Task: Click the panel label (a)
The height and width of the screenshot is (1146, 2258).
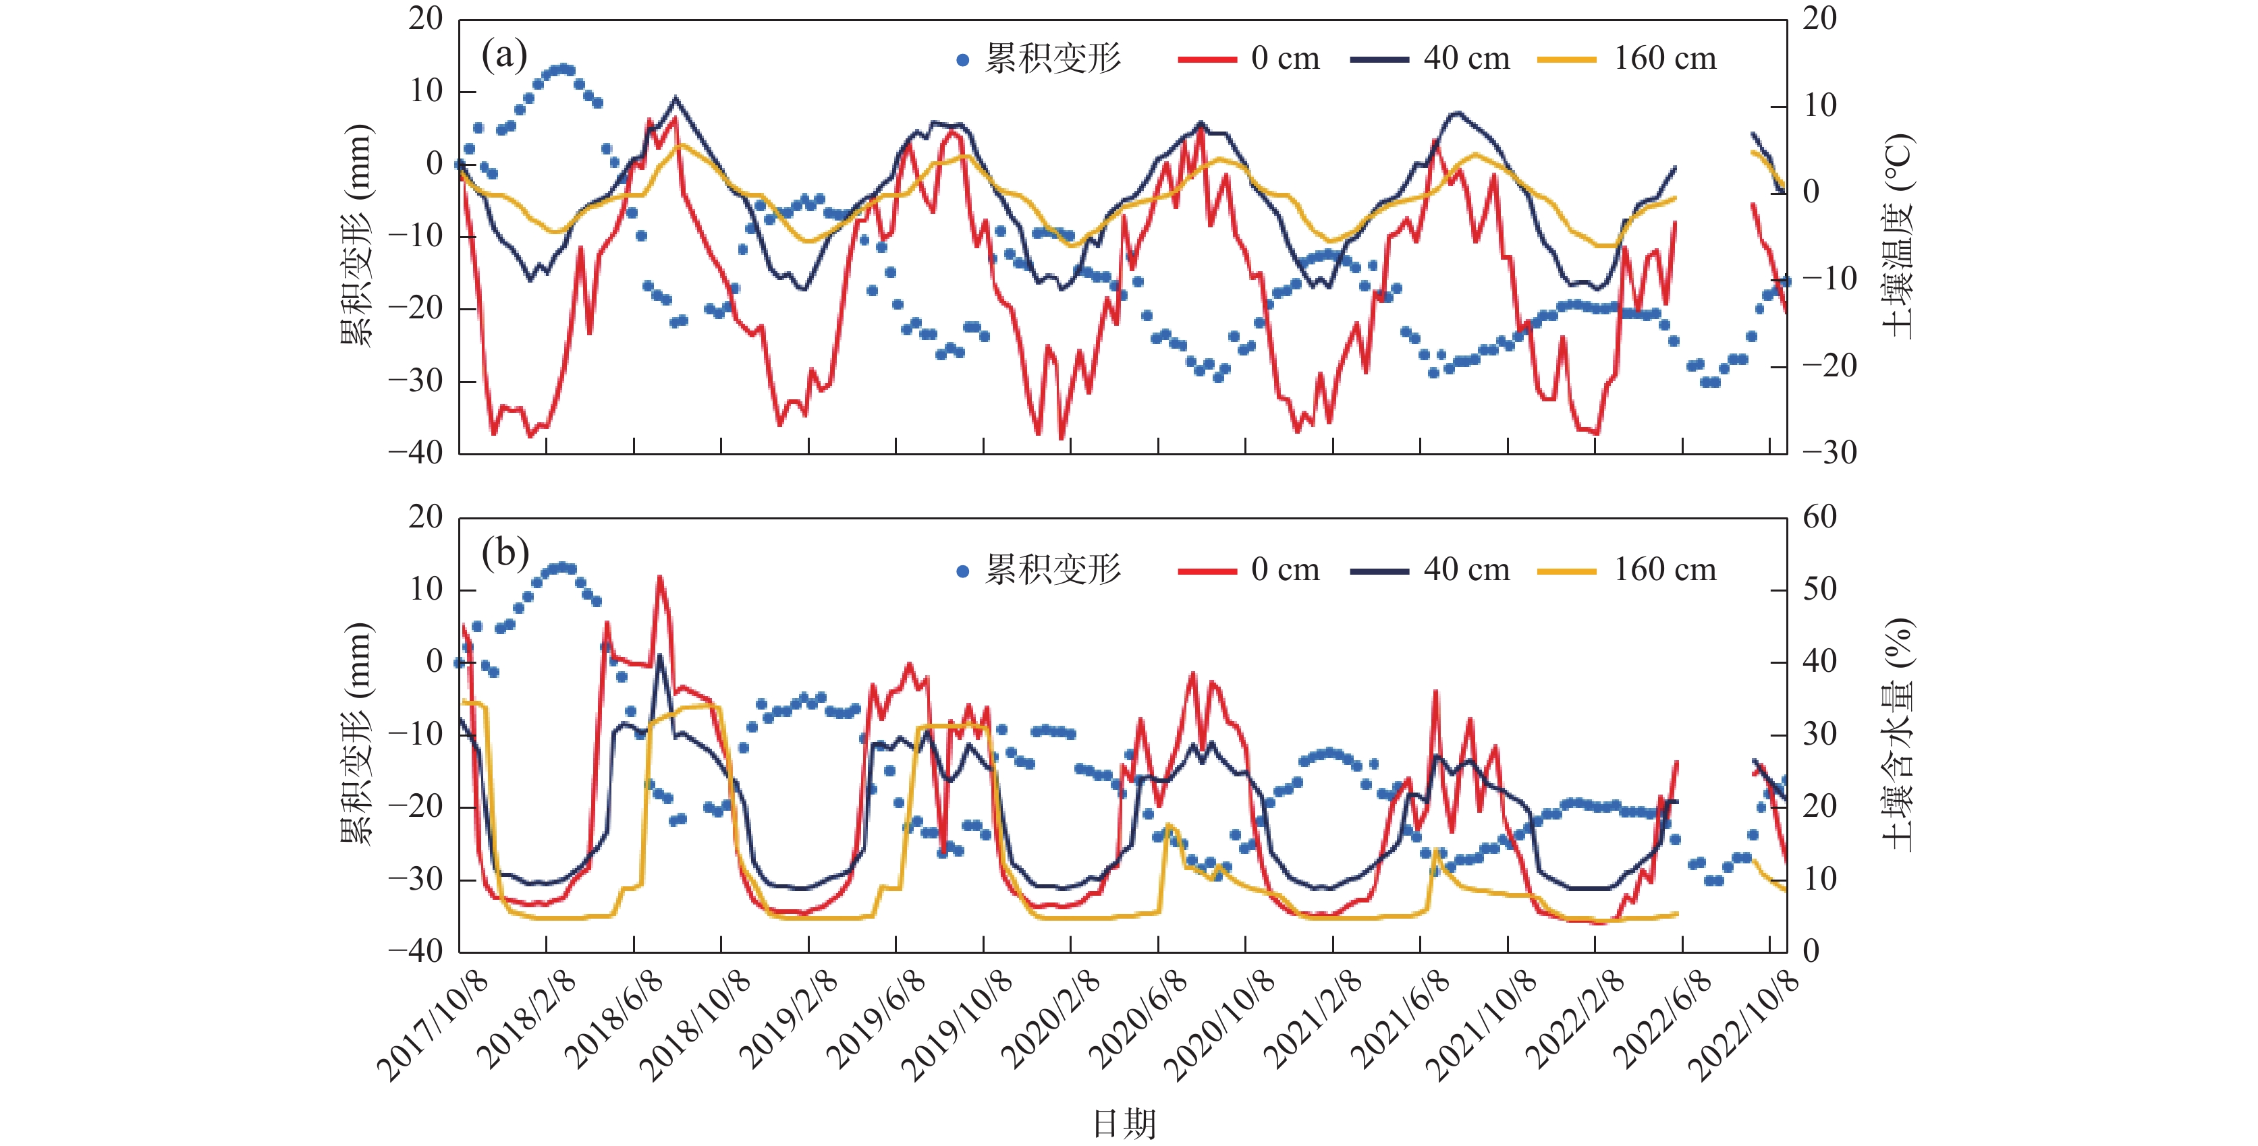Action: click(504, 55)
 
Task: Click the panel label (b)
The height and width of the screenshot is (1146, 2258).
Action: click(505, 553)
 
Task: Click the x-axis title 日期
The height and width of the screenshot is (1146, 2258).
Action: click(1124, 1123)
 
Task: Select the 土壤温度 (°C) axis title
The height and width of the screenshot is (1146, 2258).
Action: click(1898, 237)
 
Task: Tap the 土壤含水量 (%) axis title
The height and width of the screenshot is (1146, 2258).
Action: click(1898, 735)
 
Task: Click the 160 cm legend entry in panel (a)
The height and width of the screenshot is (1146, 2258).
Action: click(1628, 59)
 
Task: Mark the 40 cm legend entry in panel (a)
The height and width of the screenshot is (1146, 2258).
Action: click(1431, 59)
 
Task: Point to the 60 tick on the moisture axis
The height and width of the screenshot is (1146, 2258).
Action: click(1820, 517)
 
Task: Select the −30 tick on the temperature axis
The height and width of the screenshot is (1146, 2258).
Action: click(1829, 453)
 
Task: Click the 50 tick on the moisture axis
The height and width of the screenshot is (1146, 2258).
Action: click(1820, 589)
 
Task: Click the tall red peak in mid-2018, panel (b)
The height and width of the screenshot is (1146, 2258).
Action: click(659, 577)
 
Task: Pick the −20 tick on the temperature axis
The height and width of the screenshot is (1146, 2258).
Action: click(1829, 366)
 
